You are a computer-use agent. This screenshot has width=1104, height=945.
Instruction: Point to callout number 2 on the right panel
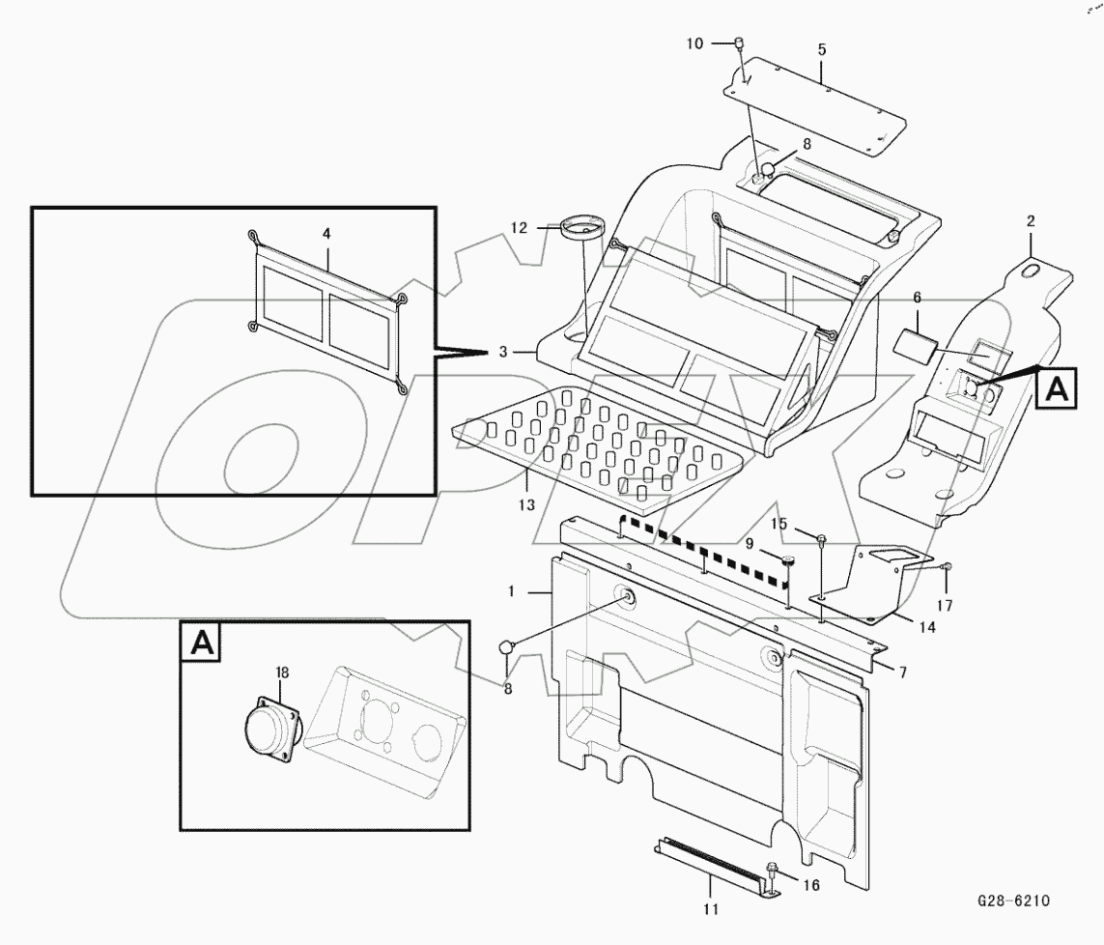pyautogui.click(x=1031, y=221)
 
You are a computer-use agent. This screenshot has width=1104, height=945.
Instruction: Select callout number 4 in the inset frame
pyautogui.click(x=326, y=233)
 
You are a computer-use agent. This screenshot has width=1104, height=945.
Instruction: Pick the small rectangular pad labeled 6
pyautogui.click(x=913, y=344)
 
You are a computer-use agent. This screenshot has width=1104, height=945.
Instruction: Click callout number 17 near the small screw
pyautogui.click(x=945, y=606)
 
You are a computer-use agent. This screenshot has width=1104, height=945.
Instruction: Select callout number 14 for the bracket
pyautogui.click(x=926, y=627)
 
